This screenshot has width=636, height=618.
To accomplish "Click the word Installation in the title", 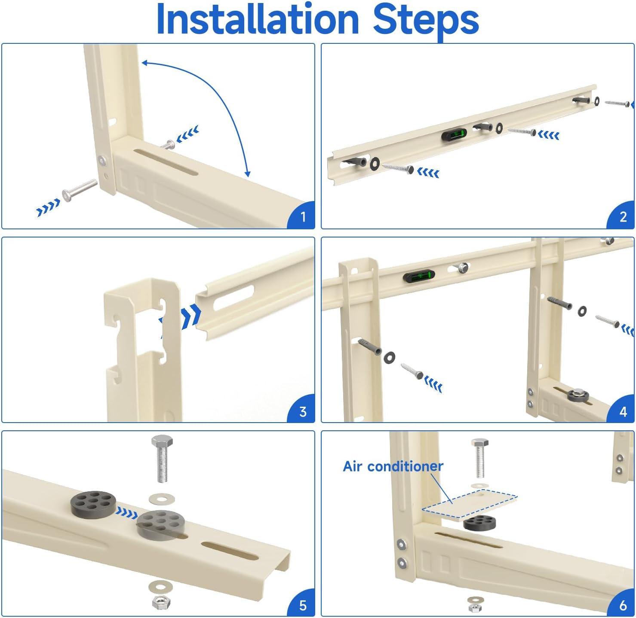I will pyautogui.click(x=257, y=19).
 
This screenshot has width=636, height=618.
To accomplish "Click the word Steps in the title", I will pyautogui.click(x=426, y=19).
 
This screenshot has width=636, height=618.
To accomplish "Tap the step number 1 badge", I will pyautogui.click(x=303, y=216).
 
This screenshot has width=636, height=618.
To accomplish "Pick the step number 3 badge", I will pyautogui.click(x=303, y=411).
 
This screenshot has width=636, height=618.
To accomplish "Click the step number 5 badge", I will pyautogui.click(x=303, y=605).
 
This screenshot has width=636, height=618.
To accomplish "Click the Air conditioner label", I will pyautogui.click(x=393, y=466).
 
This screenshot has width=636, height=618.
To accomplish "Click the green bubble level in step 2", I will pyautogui.click(x=454, y=136).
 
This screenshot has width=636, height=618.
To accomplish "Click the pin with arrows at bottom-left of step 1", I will pyautogui.click(x=80, y=190).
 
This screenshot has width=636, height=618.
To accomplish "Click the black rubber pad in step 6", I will pyautogui.click(x=479, y=523).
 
